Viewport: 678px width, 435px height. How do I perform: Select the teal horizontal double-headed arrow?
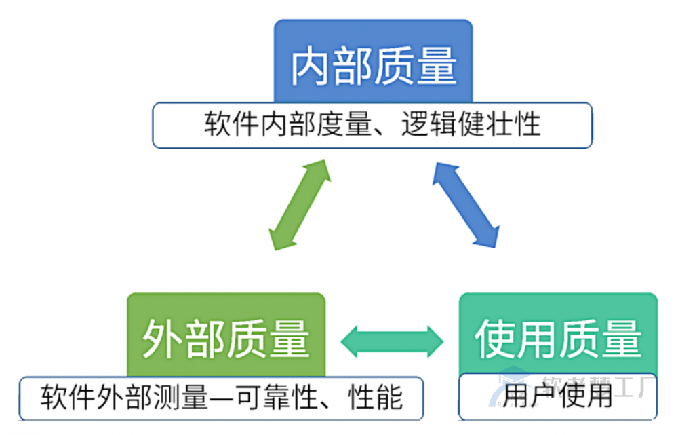(x=392, y=339)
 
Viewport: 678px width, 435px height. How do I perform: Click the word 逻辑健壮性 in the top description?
(x=471, y=126)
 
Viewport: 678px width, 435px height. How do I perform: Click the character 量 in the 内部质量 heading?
(x=437, y=67)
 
